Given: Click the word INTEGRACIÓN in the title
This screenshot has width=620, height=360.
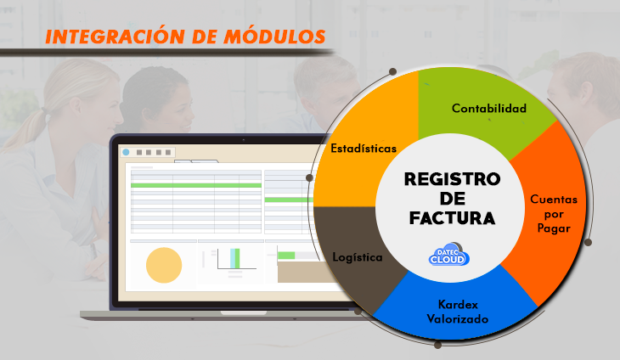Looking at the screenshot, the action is [115, 37].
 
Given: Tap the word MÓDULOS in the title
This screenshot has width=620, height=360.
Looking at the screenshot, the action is [274, 37].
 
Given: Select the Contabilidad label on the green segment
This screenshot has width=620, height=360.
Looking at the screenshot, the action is [489, 109].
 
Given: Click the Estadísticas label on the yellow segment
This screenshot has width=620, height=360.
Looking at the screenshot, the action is [364, 149].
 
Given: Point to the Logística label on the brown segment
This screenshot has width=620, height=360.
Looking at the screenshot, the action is [358, 257].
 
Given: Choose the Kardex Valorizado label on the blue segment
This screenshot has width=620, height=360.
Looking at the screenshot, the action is [458, 312].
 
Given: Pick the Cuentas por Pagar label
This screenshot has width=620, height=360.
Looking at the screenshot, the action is [554, 214].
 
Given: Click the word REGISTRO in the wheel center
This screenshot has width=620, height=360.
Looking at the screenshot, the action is [452, 179].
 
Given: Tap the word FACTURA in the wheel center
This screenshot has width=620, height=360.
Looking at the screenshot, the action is [452, 218].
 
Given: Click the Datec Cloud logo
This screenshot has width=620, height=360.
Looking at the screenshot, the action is [448, 254].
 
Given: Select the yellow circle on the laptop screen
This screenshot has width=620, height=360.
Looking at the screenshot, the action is [164, 265].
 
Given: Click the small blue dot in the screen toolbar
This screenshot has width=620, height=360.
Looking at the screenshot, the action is [126, 152].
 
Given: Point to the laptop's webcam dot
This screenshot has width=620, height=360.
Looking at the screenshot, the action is [243, 140].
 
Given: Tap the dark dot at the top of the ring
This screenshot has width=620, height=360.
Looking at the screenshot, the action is [392, 71].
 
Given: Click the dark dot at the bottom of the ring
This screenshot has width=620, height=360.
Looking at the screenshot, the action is [437, 345].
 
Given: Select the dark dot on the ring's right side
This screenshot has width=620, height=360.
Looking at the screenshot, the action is [588, 242].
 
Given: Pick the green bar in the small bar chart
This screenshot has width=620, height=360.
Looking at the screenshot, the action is [237, 258].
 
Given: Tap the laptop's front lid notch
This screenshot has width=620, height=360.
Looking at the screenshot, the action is [244, 313].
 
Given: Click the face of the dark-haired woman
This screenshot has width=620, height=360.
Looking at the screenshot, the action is [178, 109].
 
